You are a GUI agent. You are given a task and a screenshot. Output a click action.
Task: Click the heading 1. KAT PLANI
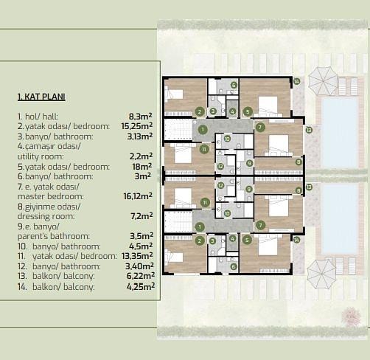(41, 97)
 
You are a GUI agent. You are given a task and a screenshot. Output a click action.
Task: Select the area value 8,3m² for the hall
(140, 116)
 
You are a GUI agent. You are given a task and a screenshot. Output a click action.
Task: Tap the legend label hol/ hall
(41, 117)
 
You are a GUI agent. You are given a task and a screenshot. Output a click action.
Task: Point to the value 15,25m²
(137, 126)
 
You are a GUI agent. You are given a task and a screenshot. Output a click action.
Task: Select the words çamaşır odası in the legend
(52, 146)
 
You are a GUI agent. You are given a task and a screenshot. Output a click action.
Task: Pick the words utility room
(41, 156)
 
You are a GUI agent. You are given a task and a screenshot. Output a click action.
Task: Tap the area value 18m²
(142, 167)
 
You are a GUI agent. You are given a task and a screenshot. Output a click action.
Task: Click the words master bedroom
(50, 196)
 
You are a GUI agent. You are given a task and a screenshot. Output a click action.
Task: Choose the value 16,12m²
(138, 196)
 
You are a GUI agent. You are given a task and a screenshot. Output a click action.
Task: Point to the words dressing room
(46, 216)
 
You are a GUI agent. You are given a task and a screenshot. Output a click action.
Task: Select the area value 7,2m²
(142, 216)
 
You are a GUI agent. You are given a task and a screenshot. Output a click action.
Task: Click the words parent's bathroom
(54, 236)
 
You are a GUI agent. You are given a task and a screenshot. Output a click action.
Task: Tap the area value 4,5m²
(141, 246)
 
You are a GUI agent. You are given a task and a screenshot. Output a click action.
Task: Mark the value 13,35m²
(137, 256)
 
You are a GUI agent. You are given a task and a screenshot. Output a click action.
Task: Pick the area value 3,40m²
(139, 266)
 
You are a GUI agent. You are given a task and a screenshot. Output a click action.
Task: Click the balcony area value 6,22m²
(141, 276)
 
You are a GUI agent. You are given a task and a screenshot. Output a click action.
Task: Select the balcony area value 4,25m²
(141, 286)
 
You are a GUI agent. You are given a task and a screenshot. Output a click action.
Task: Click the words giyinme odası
(52, 207)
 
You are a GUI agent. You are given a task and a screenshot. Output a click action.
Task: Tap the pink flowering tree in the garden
(351, 316)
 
